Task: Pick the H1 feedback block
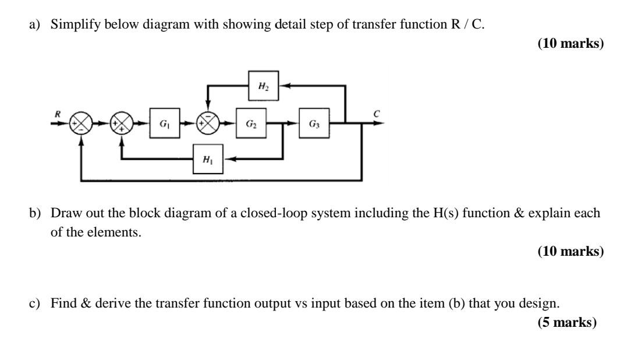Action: pyautogui.click(x=208, y=159)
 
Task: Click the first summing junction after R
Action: pyautogui.click(x=81, y=123)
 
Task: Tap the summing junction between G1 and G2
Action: pyautogui.click(x=208, y=123)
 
